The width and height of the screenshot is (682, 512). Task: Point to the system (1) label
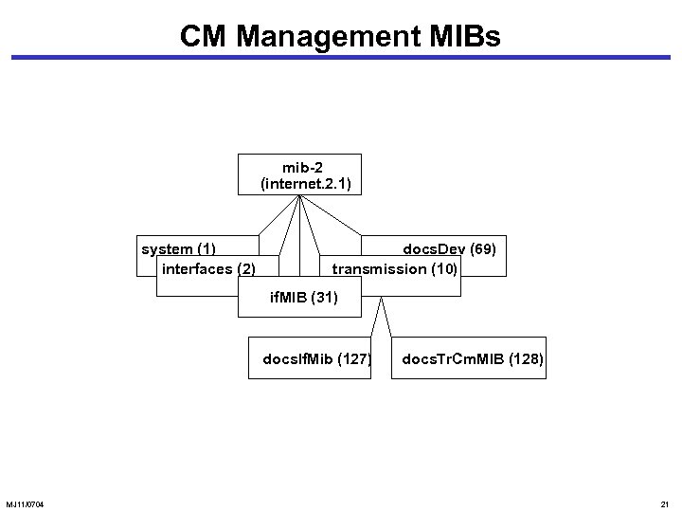click(179, 249)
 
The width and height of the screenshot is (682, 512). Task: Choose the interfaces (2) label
click(208, 269)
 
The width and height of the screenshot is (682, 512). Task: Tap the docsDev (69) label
click(449, 249)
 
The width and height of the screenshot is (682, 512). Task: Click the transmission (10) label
click(395, 269)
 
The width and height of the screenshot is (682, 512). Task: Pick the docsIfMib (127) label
click(316, 359)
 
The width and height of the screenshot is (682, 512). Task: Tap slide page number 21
click(664, 503)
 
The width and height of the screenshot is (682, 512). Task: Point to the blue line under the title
click(341, 58)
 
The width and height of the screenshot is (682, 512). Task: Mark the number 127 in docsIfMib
click(354, 359)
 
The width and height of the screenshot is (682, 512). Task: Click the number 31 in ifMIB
click(323, 299)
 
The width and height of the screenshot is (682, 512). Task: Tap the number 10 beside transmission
click(444, 269)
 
